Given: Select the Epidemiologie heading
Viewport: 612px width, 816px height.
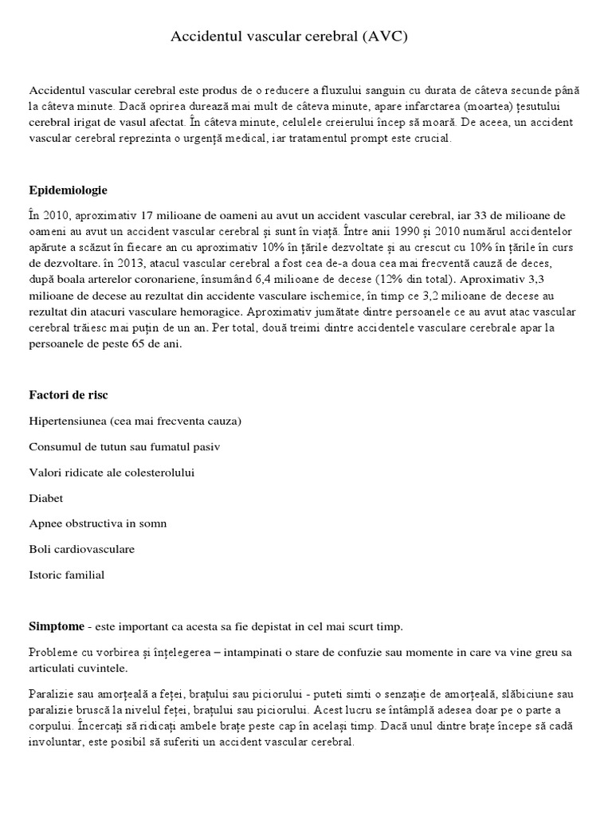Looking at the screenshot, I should coord(68,190).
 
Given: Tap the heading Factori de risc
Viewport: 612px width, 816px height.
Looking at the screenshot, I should coord(69,394).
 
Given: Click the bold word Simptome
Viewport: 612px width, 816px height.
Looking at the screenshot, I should coord(56,627).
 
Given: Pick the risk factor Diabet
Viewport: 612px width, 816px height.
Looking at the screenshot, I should coord(46,497).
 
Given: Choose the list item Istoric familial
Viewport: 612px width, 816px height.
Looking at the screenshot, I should coord(66,574).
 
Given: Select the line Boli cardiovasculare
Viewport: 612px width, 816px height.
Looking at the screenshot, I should coord(81,548).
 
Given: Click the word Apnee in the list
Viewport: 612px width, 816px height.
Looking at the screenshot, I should coord(45,523).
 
